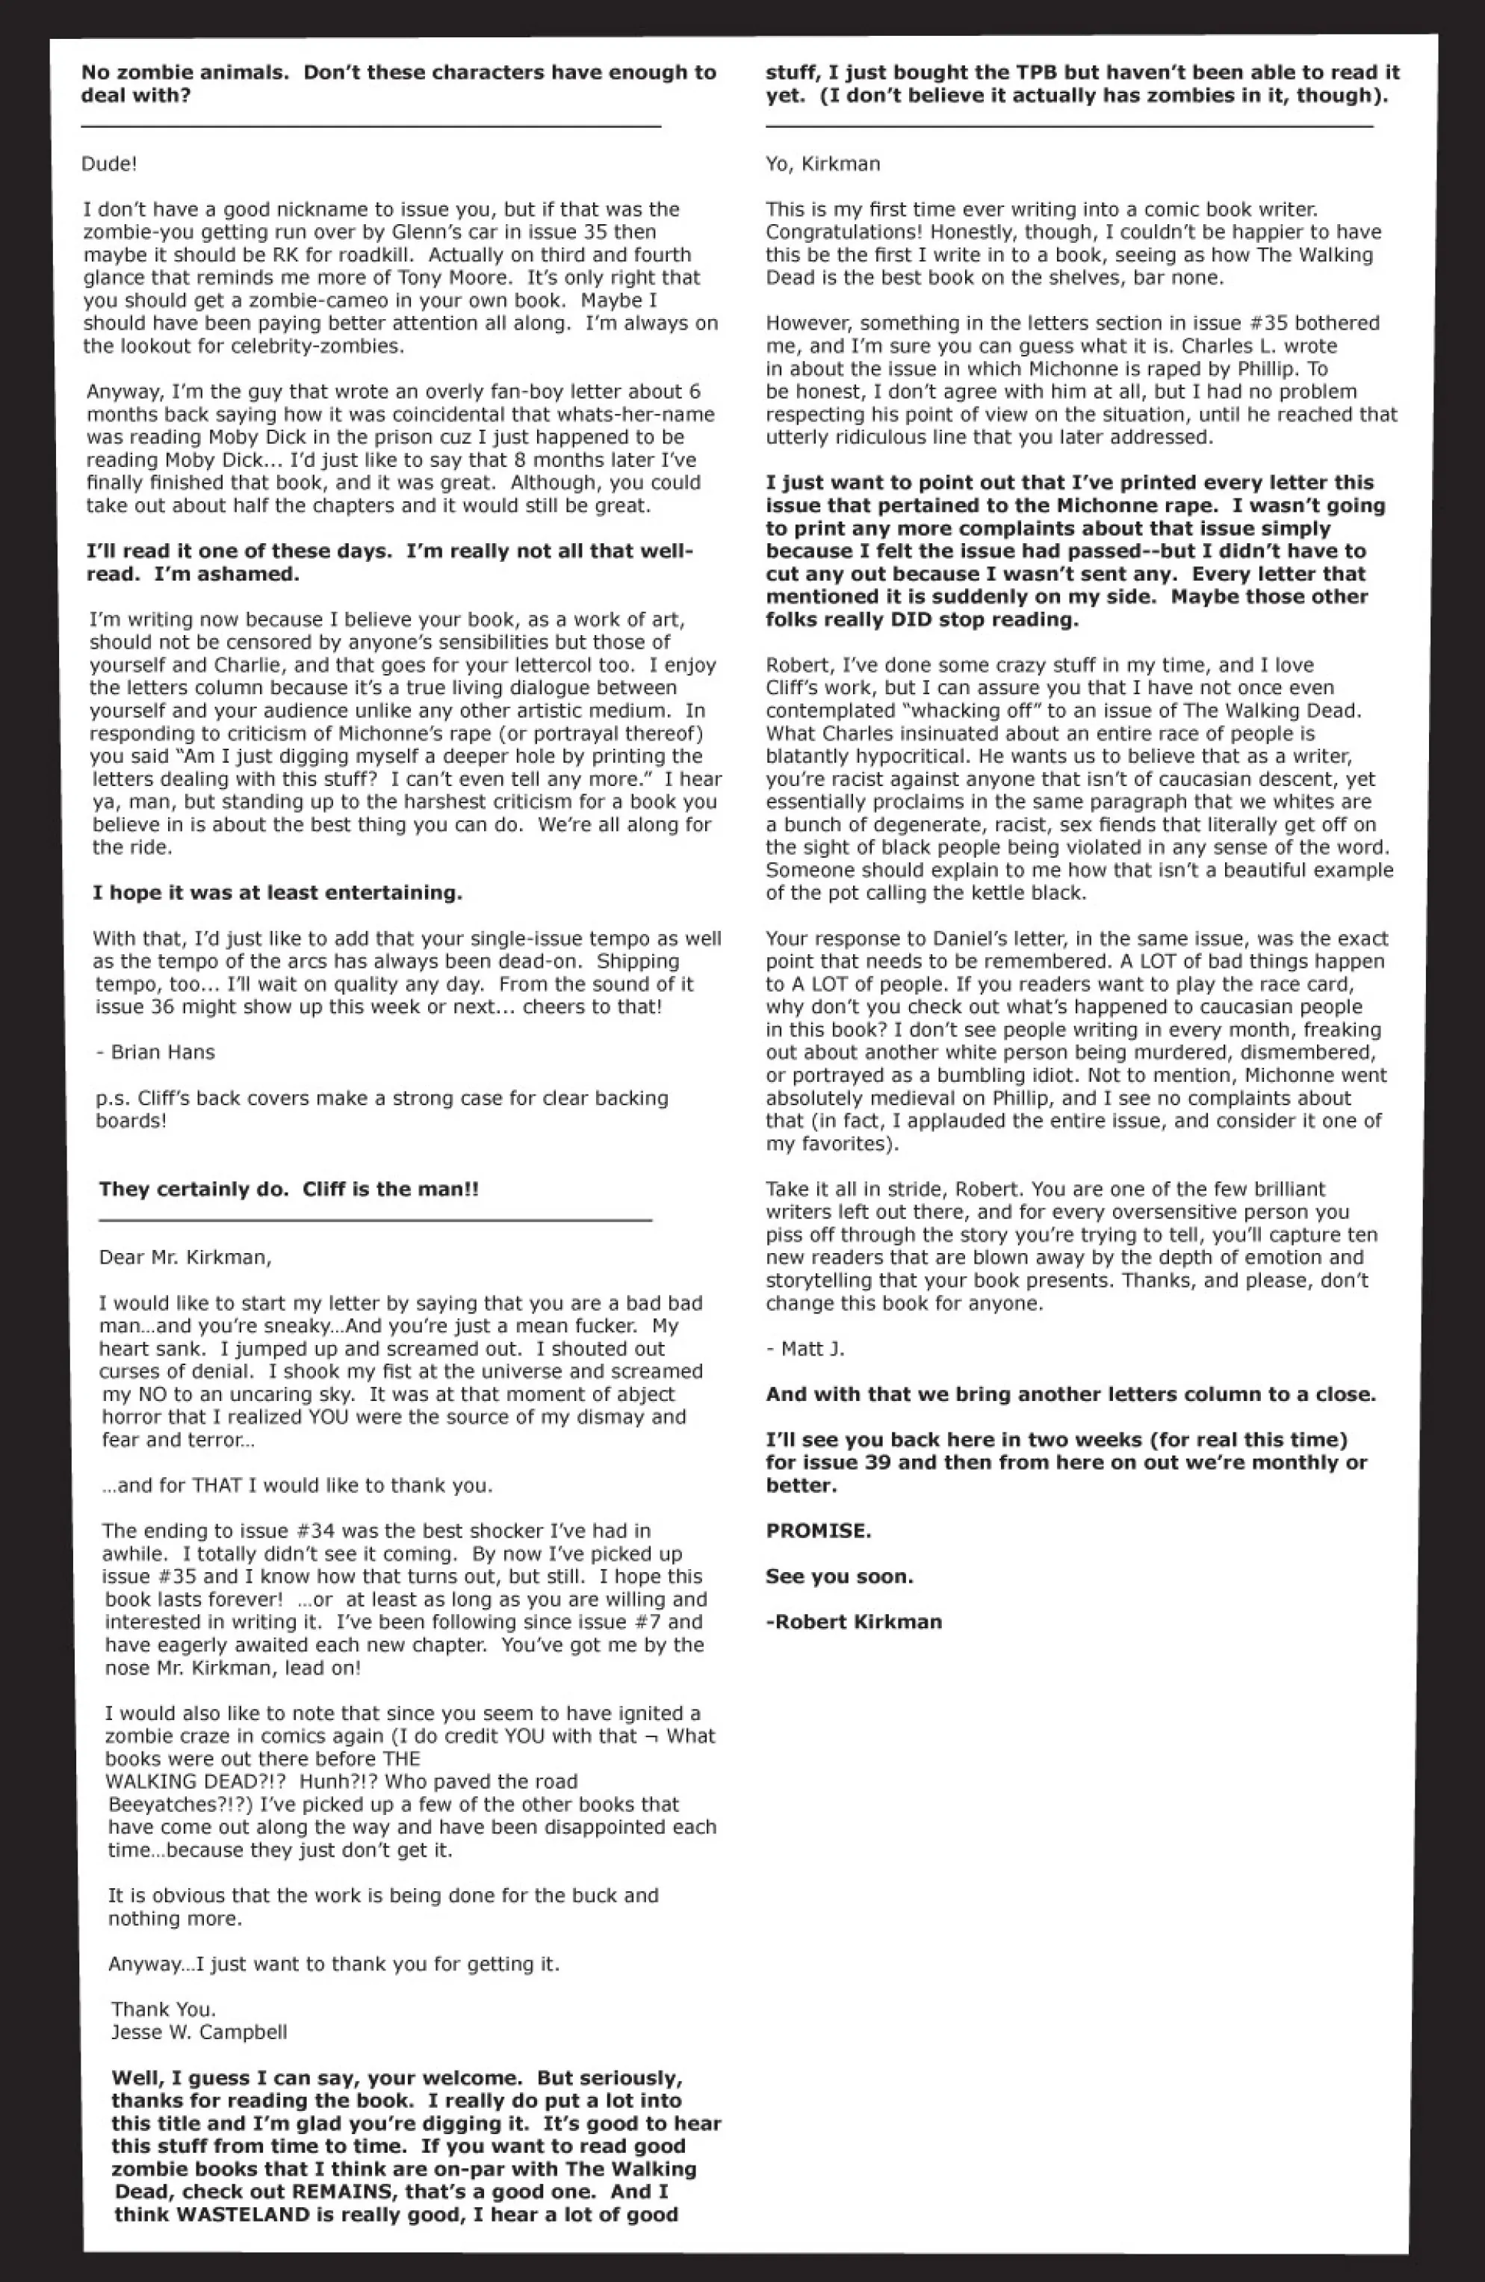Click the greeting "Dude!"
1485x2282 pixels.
click(x=109, y=164)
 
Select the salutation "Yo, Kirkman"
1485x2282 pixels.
click(x=822, y=164)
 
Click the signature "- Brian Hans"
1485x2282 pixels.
click(x=155, y=1052)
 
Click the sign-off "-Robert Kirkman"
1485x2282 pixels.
click(x=853, y=1621)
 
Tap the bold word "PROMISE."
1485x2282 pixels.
click(x=818, y=1530)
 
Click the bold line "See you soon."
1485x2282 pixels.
click(x=839, y=1577)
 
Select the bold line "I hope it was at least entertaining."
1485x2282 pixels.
click(x=277, y=893)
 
